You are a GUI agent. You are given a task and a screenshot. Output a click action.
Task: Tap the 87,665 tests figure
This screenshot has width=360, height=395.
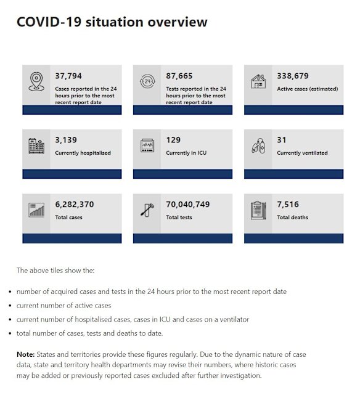[x=179, y=76]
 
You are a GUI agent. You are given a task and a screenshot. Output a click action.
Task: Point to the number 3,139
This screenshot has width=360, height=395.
[x=66, y=140]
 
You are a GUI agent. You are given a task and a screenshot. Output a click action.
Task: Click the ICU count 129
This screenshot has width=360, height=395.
[x=174, y=140]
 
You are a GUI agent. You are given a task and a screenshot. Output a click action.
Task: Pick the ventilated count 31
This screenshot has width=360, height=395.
[x=282, y=140]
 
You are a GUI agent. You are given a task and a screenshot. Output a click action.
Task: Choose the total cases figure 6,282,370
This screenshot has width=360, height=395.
[x=75, y=204]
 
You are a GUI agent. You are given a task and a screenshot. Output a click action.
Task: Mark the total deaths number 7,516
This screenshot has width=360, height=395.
[x=288, y=204]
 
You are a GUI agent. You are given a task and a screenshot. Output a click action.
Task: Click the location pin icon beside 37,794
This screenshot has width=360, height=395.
[x=36, y=82]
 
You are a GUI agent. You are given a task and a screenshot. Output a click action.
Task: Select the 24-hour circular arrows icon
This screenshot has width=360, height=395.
[x=147, y=82]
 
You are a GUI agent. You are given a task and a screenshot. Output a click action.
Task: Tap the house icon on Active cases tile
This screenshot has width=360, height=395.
[x=258, y=82]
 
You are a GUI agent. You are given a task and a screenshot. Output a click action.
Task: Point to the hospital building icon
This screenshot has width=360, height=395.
[x=36, y=146]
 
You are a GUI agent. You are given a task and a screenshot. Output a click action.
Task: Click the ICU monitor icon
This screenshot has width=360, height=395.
[x=147, y=146]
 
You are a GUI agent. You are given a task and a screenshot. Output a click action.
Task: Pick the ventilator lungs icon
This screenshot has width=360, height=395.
[x=258, y=146]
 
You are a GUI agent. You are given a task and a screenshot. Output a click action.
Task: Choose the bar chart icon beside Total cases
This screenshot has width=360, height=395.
[x=36, y=210]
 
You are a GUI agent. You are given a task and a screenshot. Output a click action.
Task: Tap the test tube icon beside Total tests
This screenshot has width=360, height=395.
[x=147, y=210]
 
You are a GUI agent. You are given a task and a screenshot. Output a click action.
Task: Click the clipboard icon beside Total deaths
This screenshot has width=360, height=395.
[x=258, y=210]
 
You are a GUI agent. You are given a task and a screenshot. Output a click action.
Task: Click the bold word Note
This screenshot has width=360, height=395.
[x=26, y=354]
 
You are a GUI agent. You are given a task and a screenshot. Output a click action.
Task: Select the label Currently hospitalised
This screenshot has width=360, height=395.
[x=83, y=153]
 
